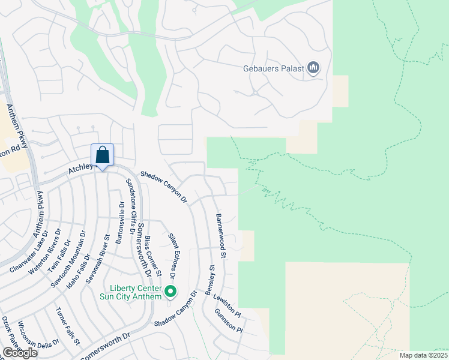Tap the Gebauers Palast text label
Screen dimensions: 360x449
point(274,69)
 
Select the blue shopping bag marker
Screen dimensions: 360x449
point(103,155)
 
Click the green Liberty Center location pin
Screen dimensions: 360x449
point(170,292)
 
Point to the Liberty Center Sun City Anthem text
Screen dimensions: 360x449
point(132,292)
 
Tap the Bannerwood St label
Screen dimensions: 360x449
point(220,236)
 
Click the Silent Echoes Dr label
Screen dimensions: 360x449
point(173,257)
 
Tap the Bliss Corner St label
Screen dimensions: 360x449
point(152,256)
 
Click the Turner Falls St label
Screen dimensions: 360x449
point(67,327)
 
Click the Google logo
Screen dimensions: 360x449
point(20,352)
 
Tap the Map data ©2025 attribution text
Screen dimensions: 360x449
point(423,355)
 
